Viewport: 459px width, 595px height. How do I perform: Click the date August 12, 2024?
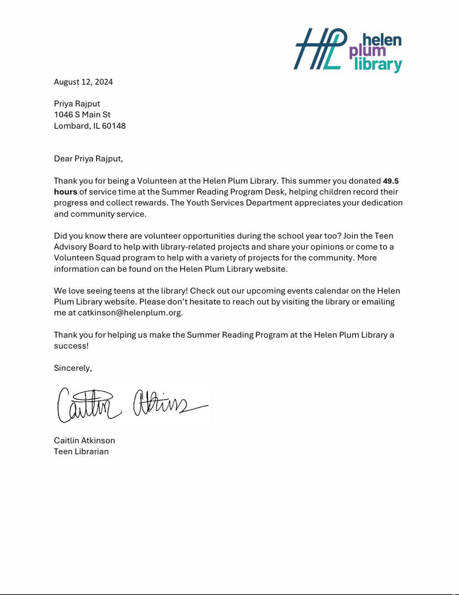coord(83,82)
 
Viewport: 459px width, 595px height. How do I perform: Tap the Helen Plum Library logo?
coord(348,50)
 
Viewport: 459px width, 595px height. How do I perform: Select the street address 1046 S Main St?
coord(82,114)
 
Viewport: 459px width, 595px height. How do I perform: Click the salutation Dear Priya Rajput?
coord(88,159)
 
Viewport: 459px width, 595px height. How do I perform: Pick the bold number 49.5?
coord(390,181)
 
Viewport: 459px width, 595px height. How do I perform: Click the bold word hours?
coord(65,192)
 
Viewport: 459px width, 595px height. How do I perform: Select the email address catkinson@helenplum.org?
coord(129,312)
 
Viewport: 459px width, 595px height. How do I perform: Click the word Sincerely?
coord(72,368)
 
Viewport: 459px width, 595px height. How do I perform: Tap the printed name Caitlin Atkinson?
coord(84,440)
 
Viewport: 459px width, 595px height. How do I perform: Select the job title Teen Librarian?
coord(81,451)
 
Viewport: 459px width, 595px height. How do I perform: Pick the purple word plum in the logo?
coord(368,51)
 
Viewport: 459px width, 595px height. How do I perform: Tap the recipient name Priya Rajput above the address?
coord(77,104)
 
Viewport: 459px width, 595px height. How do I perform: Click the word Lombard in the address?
coord(71,126)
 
